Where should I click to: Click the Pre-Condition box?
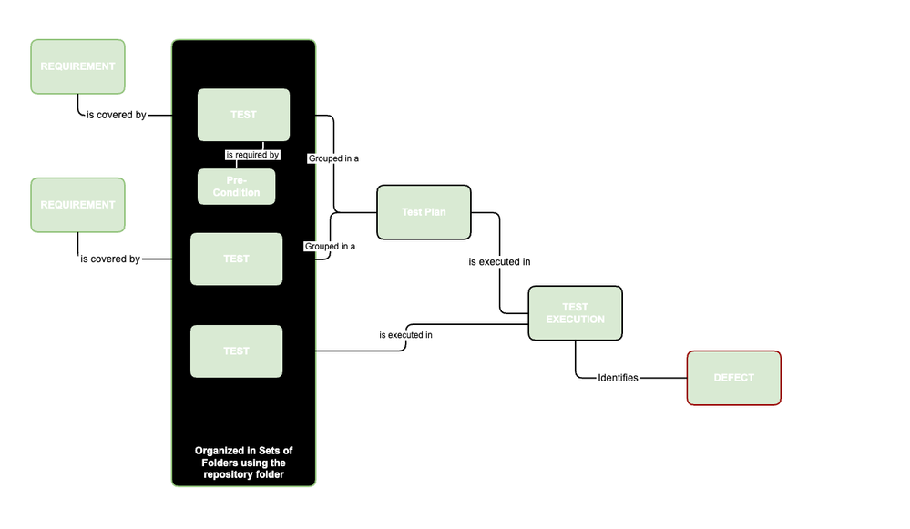coord(237,187)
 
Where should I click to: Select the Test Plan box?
coord(424,212)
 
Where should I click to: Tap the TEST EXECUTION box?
coord(575,313)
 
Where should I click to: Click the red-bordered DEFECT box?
coord(733,378)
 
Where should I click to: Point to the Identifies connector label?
coord(618,378)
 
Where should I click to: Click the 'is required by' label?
coord(252,155)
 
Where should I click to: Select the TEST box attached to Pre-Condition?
coord(243,115)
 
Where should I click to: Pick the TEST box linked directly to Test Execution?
coord(236,351)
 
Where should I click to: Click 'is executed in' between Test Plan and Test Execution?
coord(499,261)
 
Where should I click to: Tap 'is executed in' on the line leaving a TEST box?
coord(405,335)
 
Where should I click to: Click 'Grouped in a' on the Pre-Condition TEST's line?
coord(332,158)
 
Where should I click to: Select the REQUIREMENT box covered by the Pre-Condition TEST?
coord(77,66)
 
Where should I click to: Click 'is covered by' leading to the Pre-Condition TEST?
coord(116,116)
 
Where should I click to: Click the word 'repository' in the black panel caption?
coord(228,475)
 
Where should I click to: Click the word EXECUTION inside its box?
coord(575,320)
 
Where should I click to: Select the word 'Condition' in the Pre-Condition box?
coord(237,192)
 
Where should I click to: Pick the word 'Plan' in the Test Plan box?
coord(435,212)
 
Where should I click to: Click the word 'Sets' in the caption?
coord(271,451)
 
